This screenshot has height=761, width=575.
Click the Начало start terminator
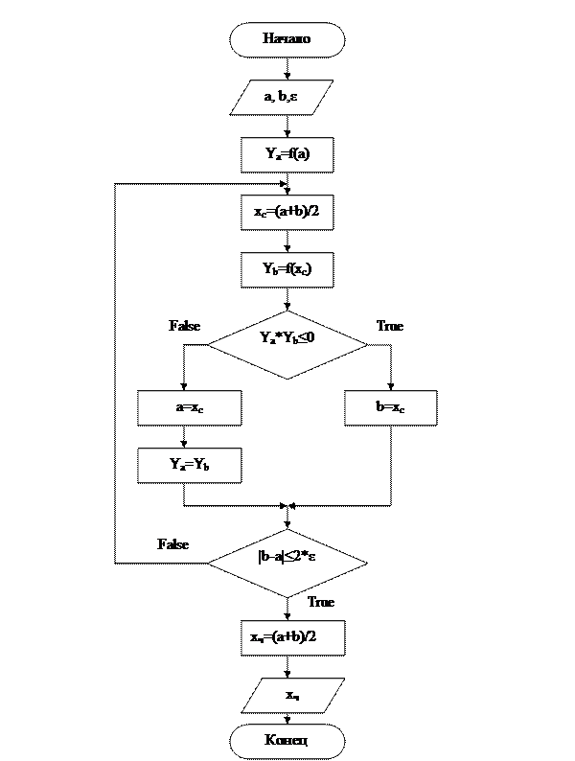(x=287, y=40)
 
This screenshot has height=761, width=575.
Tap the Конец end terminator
(x=287, y=741)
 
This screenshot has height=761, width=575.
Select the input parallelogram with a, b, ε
(x=282, y=97)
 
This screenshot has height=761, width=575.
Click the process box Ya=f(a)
(x=287, y=154)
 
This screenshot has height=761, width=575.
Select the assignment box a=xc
(x=189, y=407)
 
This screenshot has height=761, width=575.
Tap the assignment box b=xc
(x=390, y=407)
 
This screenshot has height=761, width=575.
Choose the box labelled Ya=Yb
(x=189, y=465)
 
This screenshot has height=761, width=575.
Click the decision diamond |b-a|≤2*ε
(x=287, y=561)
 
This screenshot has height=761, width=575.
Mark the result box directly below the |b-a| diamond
(x=291, y=637)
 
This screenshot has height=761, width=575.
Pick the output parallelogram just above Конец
(x=292, y=695)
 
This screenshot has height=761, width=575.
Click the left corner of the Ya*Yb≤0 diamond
(x=210, y=342)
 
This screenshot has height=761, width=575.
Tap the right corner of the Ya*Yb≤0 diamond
(x=365, y=342)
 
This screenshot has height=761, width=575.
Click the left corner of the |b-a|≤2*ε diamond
(x=210, y=561)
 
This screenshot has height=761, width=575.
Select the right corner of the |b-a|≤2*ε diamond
(x=365, y=561)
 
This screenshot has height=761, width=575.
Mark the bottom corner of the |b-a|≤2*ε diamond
(x=287, y=596)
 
